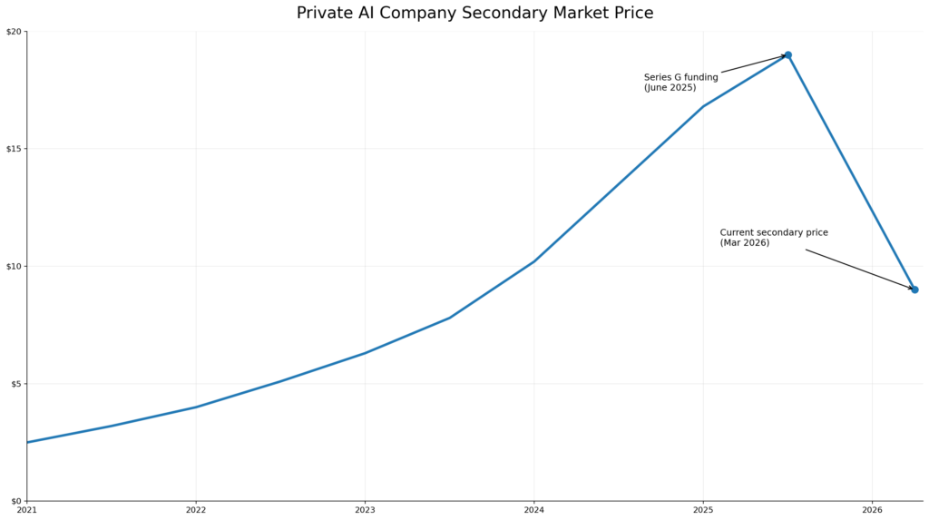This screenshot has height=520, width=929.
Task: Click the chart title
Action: coord(474,13)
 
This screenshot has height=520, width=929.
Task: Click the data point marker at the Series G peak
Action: coord(787,54)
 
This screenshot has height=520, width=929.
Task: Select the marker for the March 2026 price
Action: coord(914,289)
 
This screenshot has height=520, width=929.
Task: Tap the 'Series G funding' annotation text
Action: coord(680,78)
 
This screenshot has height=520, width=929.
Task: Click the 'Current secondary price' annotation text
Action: coord(774,232)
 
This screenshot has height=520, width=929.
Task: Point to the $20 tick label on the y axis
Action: coord(14,32)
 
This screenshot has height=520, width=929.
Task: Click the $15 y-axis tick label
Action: coord(14,149)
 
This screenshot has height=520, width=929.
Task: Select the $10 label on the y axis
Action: coord(14,266)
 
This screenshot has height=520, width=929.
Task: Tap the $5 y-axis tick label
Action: coord(15,384)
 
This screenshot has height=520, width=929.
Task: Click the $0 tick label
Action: coord(15,501)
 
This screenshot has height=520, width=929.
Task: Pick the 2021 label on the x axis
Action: coord(27,511)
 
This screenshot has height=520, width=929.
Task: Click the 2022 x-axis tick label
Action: coord(196,511)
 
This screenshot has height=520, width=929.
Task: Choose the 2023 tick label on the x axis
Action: coord(365,511)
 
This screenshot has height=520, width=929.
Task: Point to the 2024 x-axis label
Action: coord(533,511)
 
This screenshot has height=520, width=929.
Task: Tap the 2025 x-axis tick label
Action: coord(702,511)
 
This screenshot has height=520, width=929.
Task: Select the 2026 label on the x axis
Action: coord(872,511)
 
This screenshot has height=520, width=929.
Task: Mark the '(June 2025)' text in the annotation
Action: coord(670,88)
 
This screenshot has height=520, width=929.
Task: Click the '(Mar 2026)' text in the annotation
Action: coord(745,243)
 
